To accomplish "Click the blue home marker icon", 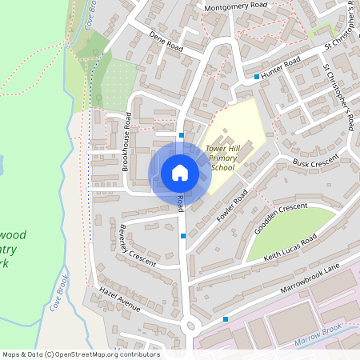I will click(x=180, y=173).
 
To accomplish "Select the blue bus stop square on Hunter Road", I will click(x=256, y=77).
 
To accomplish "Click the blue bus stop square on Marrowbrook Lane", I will click(x=226, y=318).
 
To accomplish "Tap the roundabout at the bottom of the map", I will click(x=190, y=324).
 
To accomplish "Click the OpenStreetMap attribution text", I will click(x=81, y=354).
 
